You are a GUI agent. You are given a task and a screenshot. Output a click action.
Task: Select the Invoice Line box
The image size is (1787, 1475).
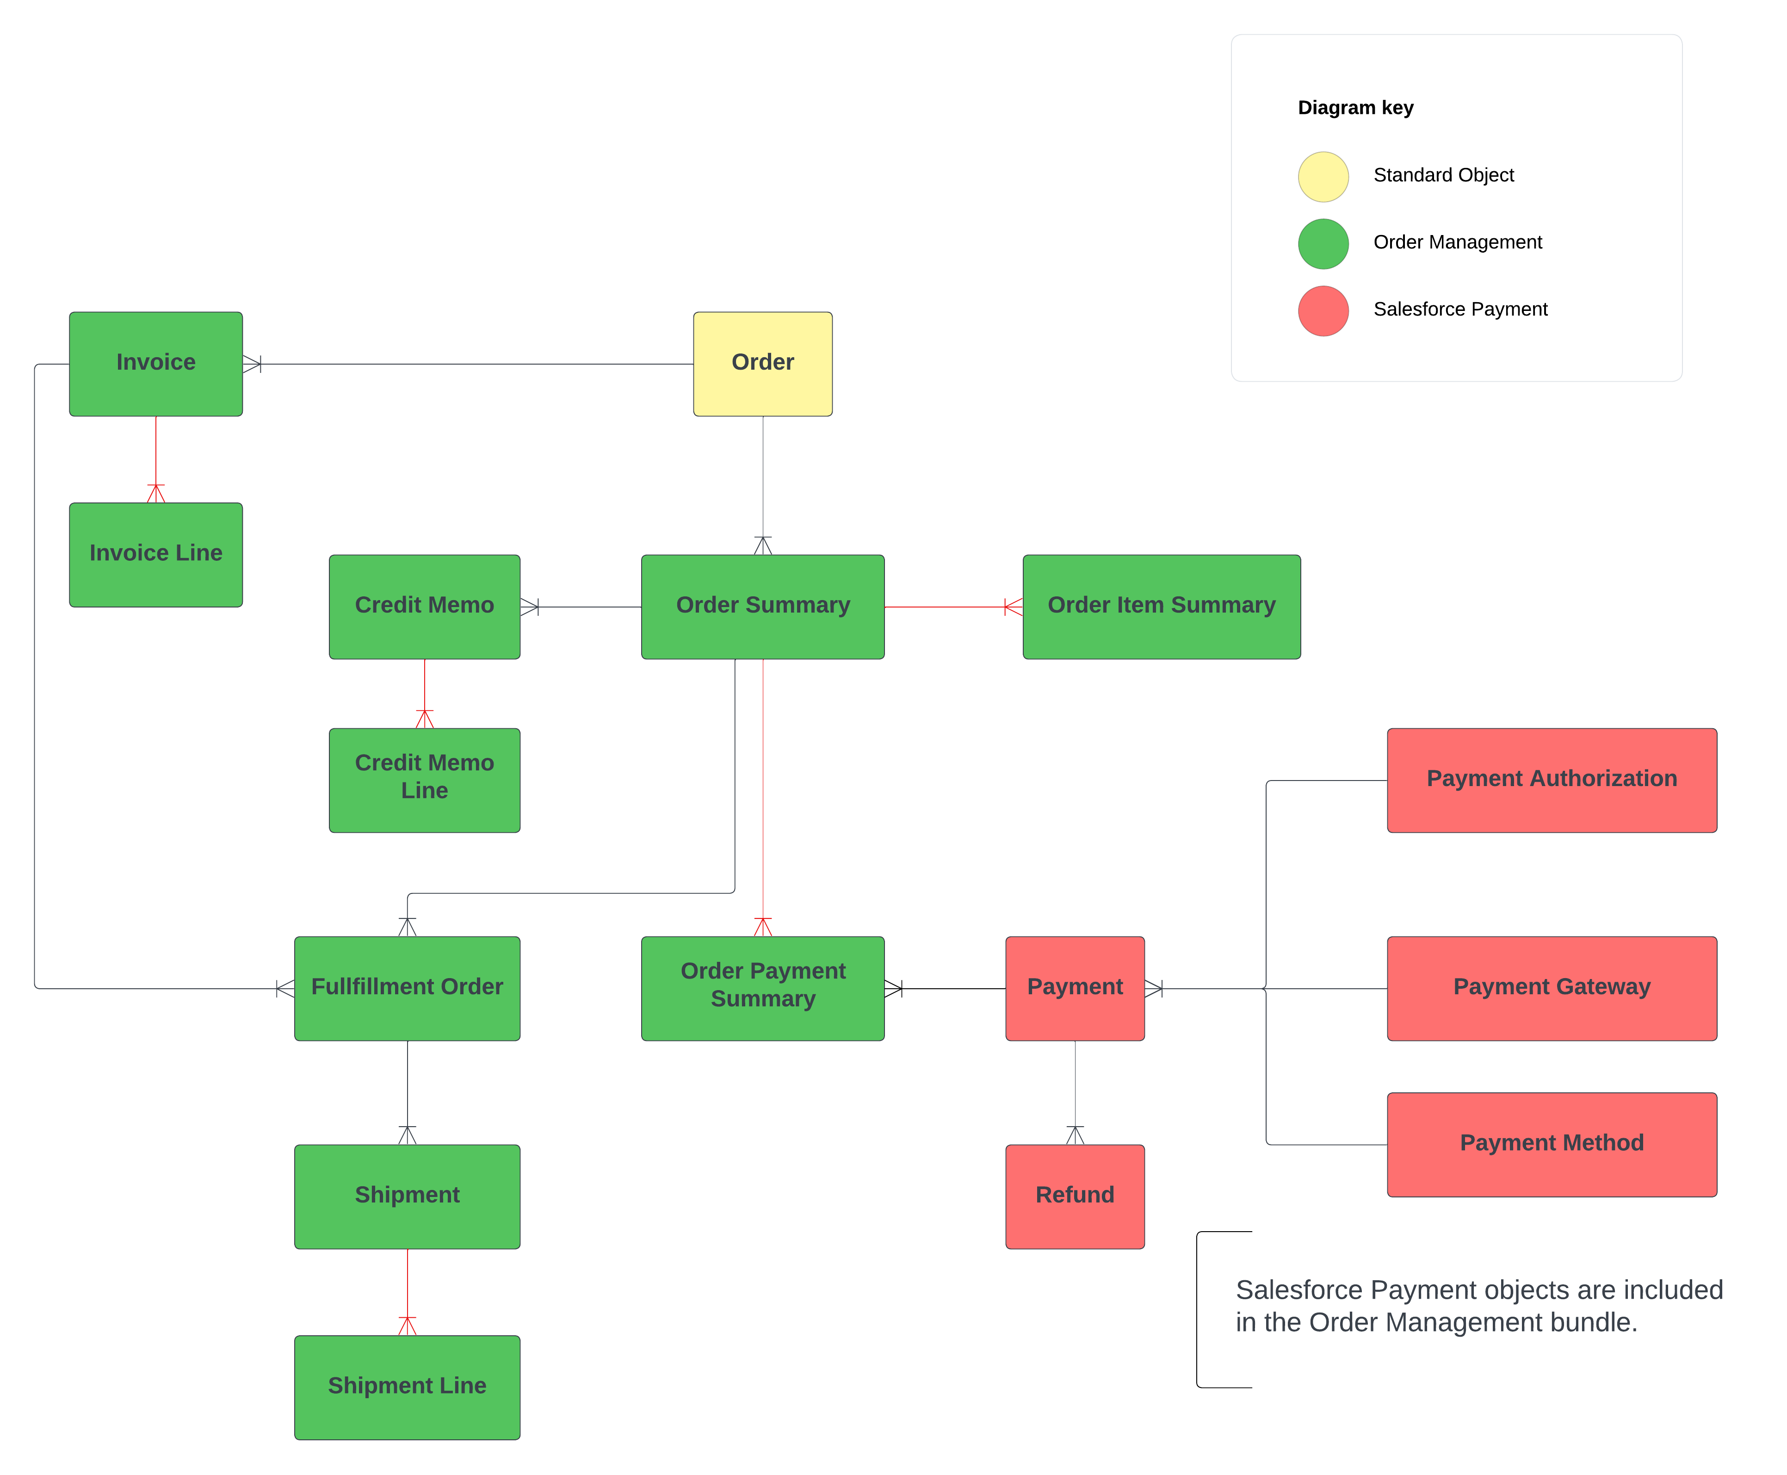pos(155,554)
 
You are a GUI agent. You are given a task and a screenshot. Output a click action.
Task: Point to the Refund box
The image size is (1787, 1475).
pos(1075,1196)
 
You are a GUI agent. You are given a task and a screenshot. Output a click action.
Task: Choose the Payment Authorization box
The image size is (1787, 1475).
pos(1551,779)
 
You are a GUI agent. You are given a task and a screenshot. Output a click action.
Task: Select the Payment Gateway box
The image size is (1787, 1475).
pos(1551,987)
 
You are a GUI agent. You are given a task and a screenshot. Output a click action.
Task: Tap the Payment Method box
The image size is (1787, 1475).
pos(1551,1144)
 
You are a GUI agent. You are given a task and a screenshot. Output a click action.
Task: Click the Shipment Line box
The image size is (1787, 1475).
pos(407,1386)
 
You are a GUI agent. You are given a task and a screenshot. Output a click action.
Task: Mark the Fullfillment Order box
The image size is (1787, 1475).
pos(407,987)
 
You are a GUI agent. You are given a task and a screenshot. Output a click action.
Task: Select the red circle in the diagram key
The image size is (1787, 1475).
pos(1323,311)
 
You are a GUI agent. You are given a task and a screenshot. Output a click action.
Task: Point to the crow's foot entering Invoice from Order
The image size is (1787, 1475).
pos(251,365)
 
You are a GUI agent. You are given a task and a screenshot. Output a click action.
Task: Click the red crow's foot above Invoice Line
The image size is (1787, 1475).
pos(155,493)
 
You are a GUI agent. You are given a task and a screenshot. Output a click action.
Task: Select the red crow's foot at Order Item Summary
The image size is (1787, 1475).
pos(1013,607)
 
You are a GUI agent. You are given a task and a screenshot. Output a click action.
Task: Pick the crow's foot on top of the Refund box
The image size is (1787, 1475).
pos(1075,1134)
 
